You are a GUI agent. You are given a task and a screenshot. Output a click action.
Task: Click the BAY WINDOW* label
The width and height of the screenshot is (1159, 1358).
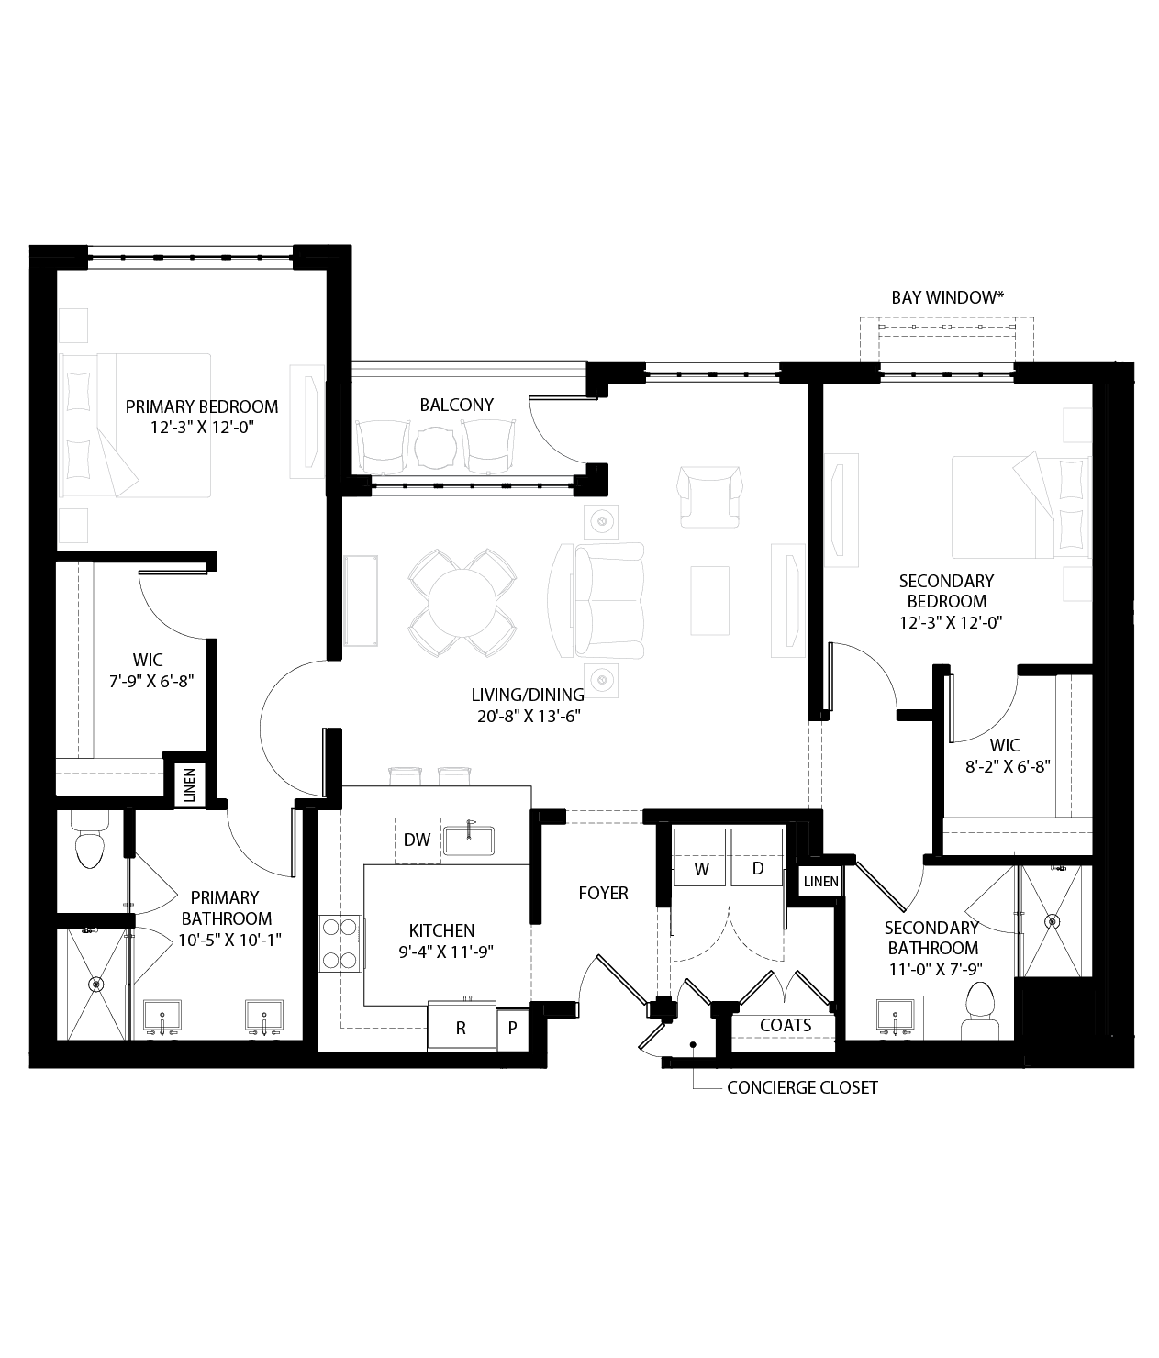(x=947, y=297)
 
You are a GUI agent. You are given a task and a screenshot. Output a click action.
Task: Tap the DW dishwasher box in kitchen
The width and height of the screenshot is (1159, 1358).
(x=418, y=840)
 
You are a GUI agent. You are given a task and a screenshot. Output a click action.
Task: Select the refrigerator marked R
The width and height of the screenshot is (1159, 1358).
(x=461, y=1028)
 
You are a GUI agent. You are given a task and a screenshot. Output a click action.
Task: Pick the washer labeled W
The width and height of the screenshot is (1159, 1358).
(x=701, y=868)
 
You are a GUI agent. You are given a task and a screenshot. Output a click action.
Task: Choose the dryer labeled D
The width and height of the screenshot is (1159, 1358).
(x=758, y=868)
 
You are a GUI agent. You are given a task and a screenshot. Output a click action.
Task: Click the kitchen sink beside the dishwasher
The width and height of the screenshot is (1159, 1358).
(x=469, y=840)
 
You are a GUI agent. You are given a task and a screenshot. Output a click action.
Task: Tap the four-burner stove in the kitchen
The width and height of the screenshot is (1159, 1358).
(x=339, y=944)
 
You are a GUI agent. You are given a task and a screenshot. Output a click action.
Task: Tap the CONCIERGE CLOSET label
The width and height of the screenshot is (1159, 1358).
(x=802, y=1088)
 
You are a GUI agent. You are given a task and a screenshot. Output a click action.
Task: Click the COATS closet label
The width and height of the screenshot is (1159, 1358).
(x=786, y=1025)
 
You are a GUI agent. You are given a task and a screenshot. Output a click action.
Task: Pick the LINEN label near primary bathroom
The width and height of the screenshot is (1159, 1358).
(x=190, y=786)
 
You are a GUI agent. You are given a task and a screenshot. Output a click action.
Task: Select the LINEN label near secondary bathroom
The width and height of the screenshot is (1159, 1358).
(x=820, y=882)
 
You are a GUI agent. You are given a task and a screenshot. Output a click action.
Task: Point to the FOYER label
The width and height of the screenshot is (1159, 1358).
(x=603, y=893)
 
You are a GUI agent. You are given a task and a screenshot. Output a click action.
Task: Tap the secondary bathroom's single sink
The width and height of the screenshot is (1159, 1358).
(x=894, y=1016)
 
